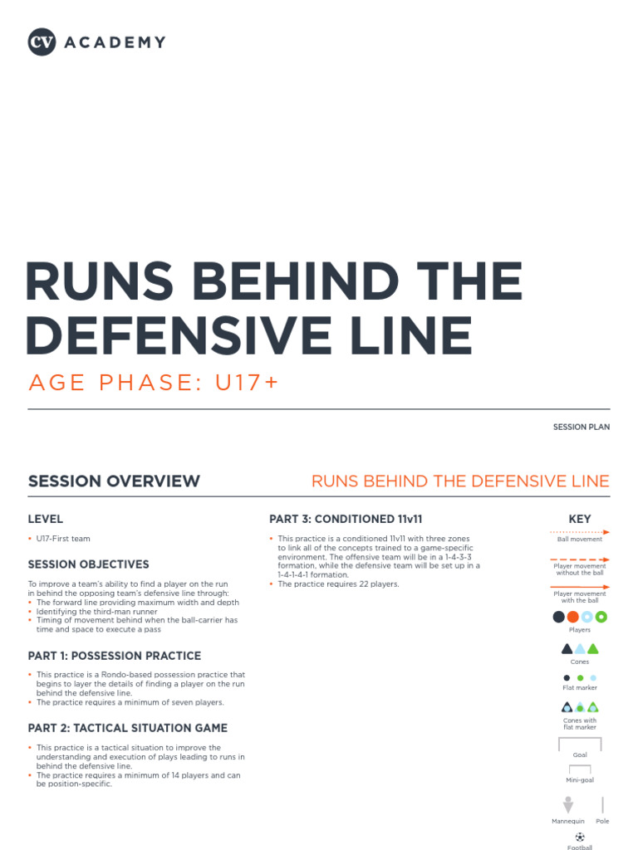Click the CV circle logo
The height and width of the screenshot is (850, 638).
42,42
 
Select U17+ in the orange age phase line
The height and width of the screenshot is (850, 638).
246,383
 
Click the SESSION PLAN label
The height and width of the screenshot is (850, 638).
582,427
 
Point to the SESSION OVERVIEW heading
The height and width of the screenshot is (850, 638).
114,481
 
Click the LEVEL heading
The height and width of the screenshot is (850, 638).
46,519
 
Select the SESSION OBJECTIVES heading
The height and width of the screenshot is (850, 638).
89,564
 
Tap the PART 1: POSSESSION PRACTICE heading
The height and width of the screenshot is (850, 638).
115,656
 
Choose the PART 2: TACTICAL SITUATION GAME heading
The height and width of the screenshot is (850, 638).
128,728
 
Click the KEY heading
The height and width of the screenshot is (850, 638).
580,519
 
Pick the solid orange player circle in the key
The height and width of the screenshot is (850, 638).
573,617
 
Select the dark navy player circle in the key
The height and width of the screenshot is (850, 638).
559,617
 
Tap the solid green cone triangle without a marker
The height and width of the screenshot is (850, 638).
593,649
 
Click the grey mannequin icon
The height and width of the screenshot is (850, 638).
568,804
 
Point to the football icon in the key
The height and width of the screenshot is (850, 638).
580,837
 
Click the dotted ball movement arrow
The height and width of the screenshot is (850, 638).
580,531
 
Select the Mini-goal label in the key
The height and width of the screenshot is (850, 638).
580,780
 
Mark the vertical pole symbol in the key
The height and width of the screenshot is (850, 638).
602,804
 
